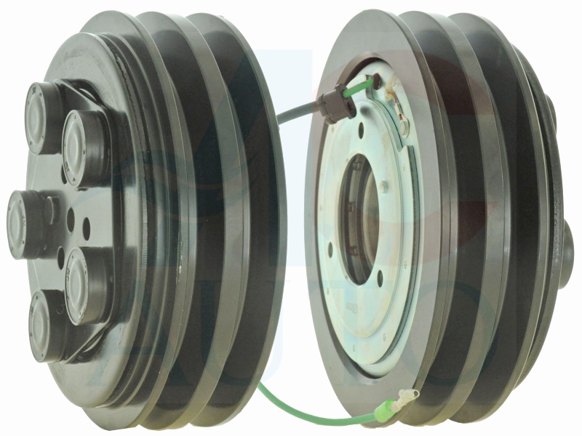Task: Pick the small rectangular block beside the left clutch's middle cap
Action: pos(52,211)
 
